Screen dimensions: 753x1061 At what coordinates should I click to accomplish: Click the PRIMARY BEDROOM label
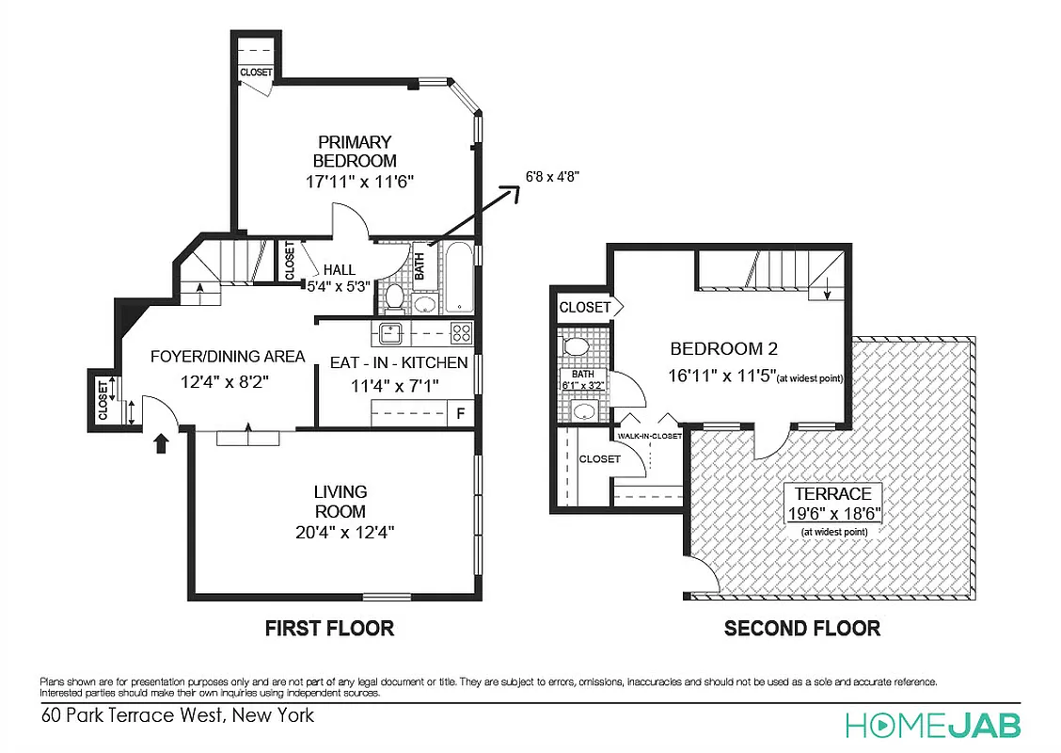355,152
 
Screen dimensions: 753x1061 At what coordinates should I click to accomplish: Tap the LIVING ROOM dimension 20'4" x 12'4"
340,532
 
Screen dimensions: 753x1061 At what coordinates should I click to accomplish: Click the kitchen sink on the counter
389,331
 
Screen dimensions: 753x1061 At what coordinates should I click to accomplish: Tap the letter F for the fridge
461,412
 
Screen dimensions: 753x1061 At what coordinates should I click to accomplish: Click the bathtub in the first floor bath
460,277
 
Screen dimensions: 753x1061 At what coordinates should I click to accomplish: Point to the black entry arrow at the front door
160,441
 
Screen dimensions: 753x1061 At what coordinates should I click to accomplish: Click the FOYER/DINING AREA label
228,357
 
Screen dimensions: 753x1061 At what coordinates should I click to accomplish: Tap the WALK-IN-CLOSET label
649,437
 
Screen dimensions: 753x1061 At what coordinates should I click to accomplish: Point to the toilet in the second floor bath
576,346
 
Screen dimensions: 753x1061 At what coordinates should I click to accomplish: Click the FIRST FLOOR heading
328,628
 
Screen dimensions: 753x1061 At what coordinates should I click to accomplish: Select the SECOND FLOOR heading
801,628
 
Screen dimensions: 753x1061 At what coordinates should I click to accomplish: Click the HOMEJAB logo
931,725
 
